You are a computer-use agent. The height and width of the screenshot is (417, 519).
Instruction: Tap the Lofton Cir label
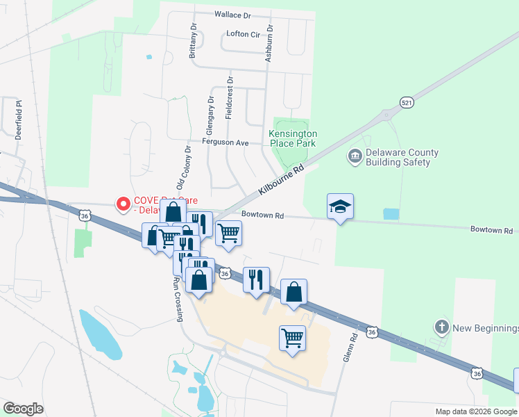tap(241, 33)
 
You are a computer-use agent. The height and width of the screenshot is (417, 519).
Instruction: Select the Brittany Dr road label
tap(192, 41)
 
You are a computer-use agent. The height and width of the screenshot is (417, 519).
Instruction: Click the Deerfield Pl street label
tap(19, 119)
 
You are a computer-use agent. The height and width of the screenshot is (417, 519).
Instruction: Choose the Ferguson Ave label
tap(225, 142)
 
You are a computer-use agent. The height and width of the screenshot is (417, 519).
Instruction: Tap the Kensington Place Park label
tap(293, 138)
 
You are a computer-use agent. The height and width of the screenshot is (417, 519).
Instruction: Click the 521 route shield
tap(407, 103)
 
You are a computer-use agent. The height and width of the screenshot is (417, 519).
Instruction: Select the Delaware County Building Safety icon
tap(355, 155)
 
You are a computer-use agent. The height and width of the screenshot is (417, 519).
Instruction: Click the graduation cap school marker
tap(341, 206)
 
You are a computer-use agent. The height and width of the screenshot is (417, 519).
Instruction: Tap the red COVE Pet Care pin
tap(124, 204)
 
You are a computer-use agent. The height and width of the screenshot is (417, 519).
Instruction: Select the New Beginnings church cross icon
tap(441, 327)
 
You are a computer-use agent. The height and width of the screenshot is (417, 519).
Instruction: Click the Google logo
tap(24, 409)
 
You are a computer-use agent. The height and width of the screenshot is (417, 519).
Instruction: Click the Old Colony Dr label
tap(184, 169)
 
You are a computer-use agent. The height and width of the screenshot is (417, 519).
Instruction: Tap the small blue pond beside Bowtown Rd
tap(391, 214)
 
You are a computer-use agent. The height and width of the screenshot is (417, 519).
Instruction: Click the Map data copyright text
tap(475, 411)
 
